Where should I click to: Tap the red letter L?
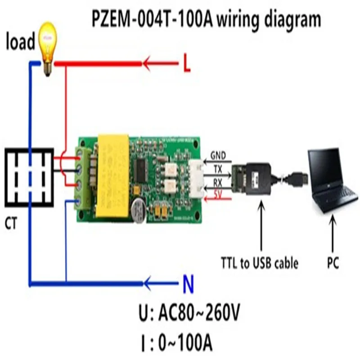(x=187, y=64)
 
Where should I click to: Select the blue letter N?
(x=189, y=284)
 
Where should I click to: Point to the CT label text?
(x=12, y=223)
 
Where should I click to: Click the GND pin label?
(x=218, y=157)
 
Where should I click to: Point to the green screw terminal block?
(x=84, y=178)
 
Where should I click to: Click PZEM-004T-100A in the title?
(x=153, y=20)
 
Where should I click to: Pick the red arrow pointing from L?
(x=160, y=64)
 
